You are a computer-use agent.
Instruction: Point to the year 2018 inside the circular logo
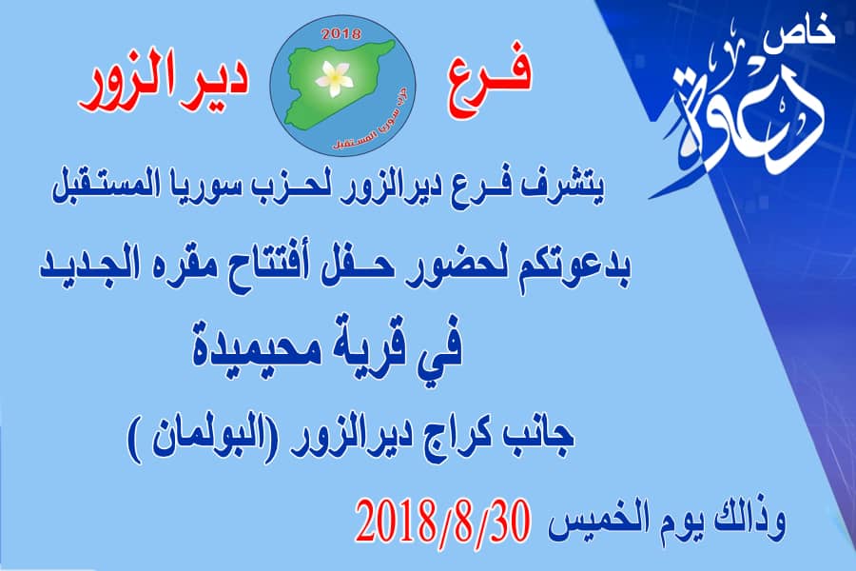[x=341, y=34]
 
